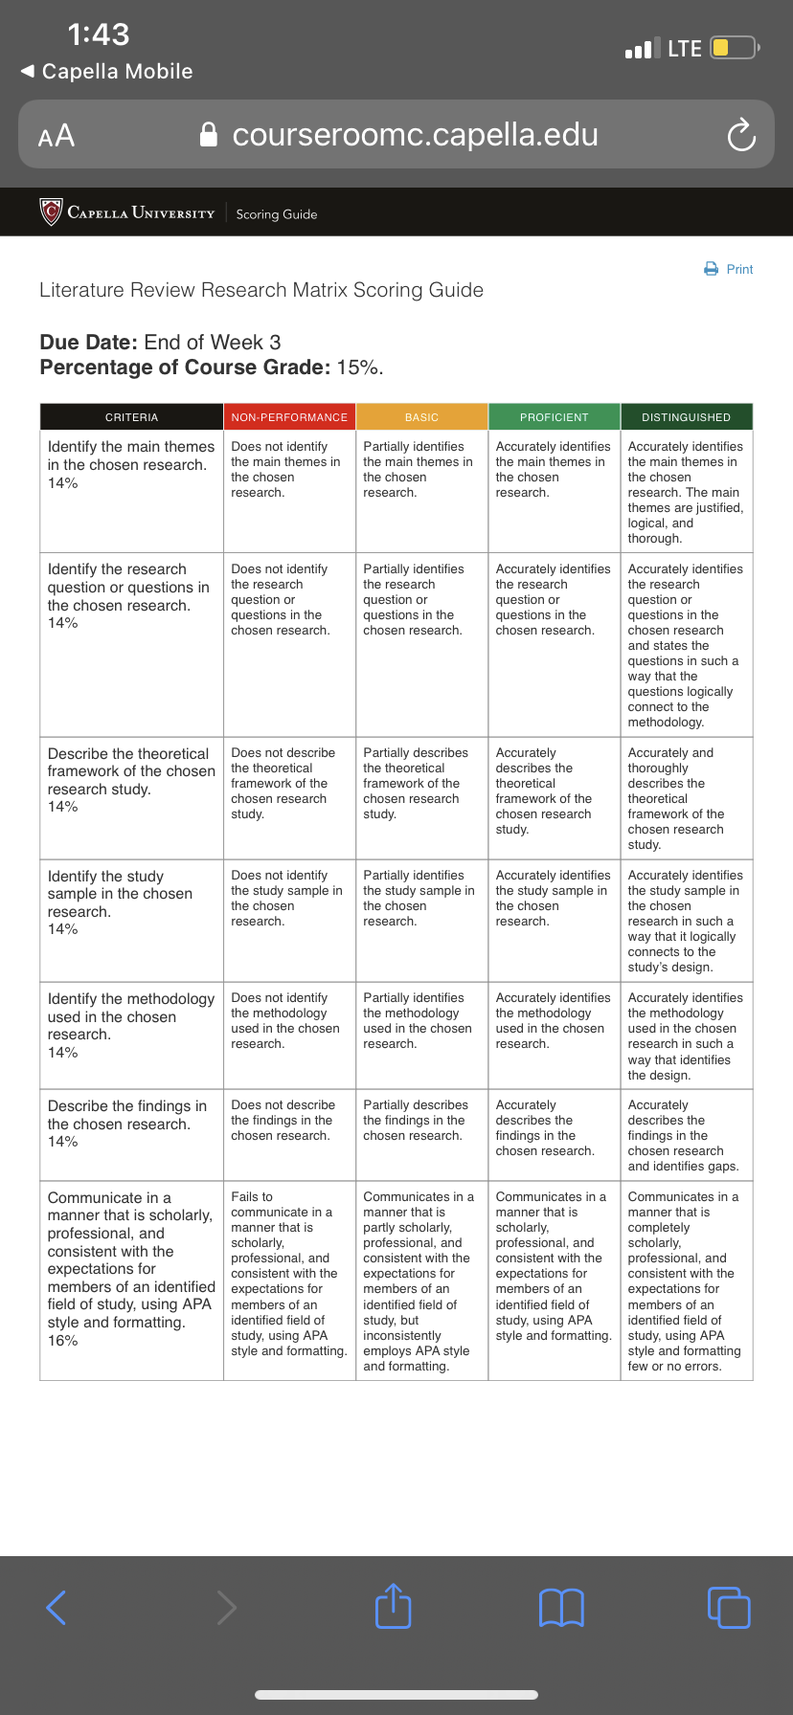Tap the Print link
click(730, 269)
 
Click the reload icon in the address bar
click(741, 135)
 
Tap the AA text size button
click(57, 136)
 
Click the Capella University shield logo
click(51, 212)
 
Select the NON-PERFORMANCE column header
click(289, 417)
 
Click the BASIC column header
click(421, 417)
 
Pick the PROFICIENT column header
click(555, 417)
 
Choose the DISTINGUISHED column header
click(686, 417)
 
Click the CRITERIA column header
click(131, 417)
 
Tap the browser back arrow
click(57, 1608)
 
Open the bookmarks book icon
click(561, 1608)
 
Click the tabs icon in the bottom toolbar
click(729, 1608)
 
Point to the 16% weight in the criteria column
click(63, 1341)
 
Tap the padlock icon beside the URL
click(208, 135)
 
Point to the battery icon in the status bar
click(735, 48)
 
